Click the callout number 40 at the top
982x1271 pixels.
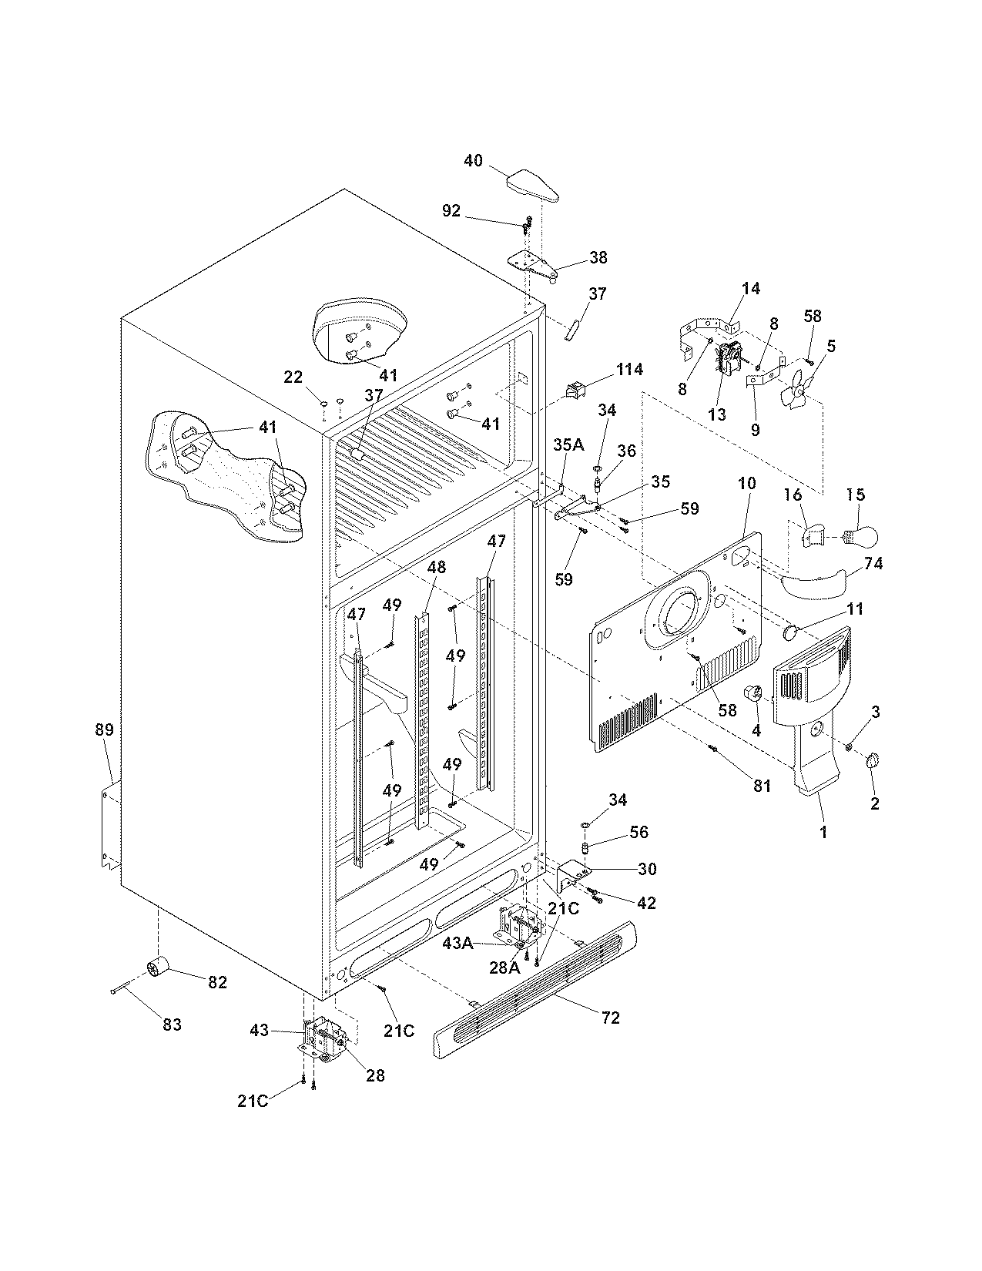[473, 160]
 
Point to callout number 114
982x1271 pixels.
[629, 370]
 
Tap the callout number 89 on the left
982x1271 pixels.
[104, 729]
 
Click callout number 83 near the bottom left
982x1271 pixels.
[172, 1024]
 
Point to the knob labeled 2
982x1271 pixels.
[873, 761]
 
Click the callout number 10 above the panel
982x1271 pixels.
[746, 484]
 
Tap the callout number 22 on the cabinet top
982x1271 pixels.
[293, 377]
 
